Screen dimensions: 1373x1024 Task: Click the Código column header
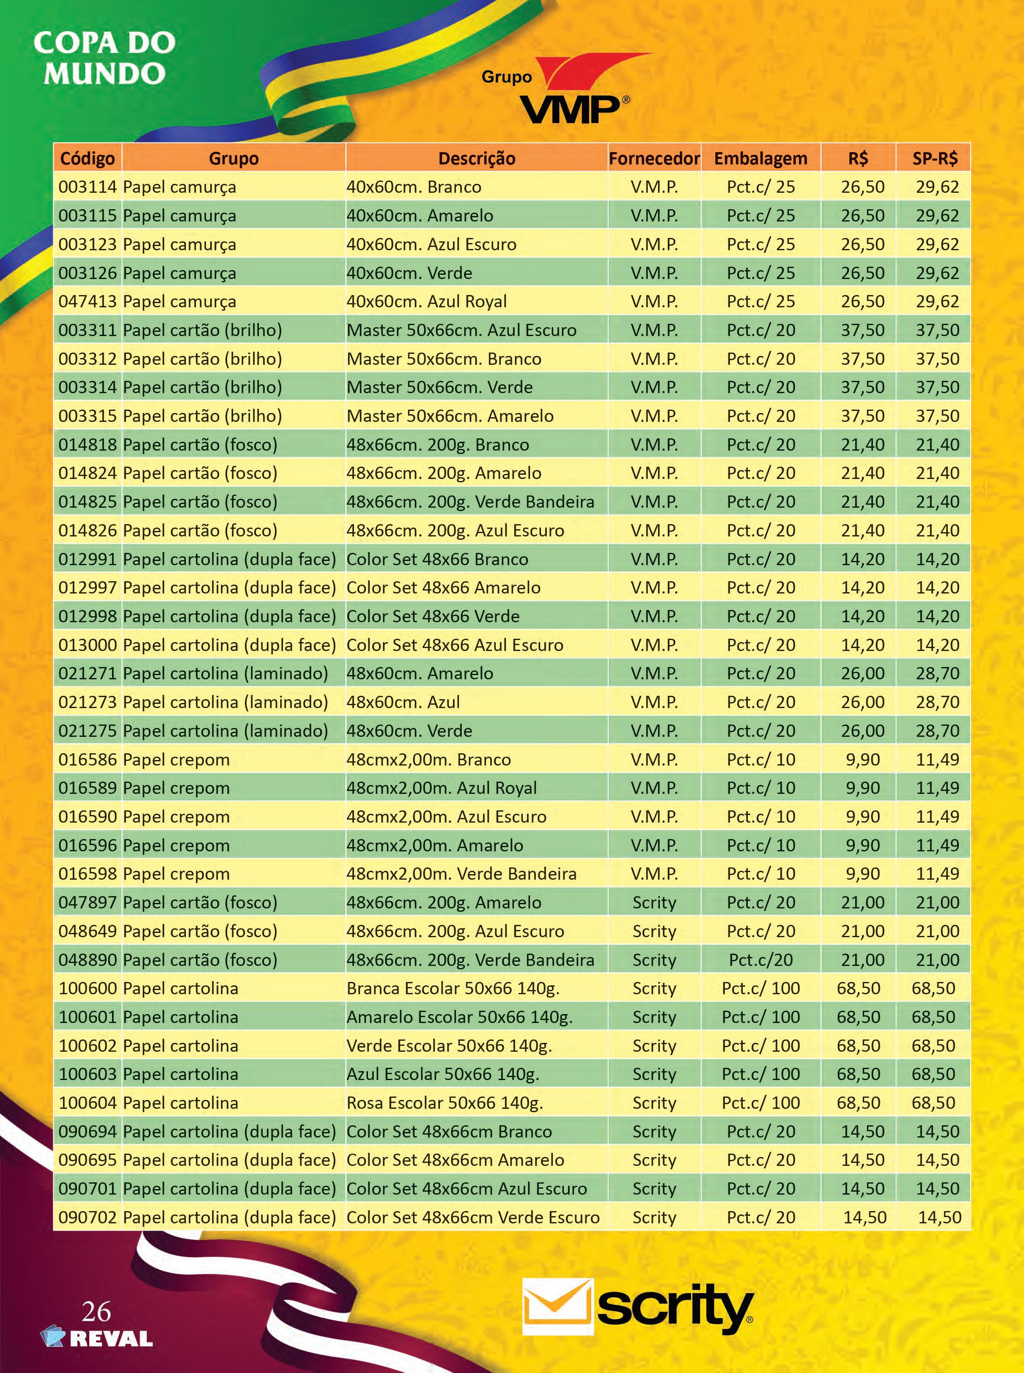point(88,159)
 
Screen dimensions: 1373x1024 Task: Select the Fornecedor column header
point(654,159)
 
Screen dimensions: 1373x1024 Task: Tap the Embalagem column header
point(760,159)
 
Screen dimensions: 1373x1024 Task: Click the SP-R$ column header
point(935,159)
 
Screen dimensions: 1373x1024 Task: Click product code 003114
point(88,187)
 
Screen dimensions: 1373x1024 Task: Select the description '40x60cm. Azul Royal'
point(426,302)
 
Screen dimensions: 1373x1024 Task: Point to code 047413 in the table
point(88,302)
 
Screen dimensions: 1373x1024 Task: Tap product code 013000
point(88,645)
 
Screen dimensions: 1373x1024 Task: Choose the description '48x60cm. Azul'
point(403,703)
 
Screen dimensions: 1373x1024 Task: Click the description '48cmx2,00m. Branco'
point(429,760)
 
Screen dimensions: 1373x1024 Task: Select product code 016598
point(88,874)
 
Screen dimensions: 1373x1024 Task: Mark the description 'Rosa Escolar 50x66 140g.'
point(445,1103)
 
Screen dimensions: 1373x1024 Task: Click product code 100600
point(88,988)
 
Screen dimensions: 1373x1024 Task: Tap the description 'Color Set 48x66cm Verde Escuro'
point(473,1217)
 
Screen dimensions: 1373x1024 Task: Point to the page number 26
point(97,1312)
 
